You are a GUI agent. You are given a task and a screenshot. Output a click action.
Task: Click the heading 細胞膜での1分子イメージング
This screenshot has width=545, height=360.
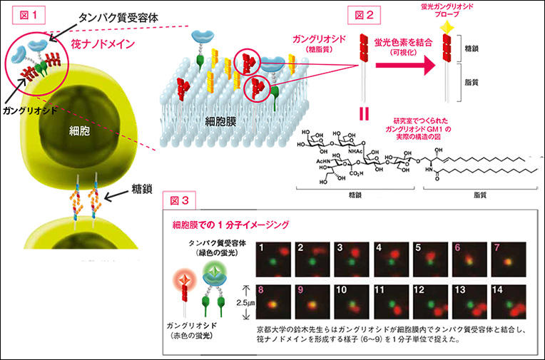230,225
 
